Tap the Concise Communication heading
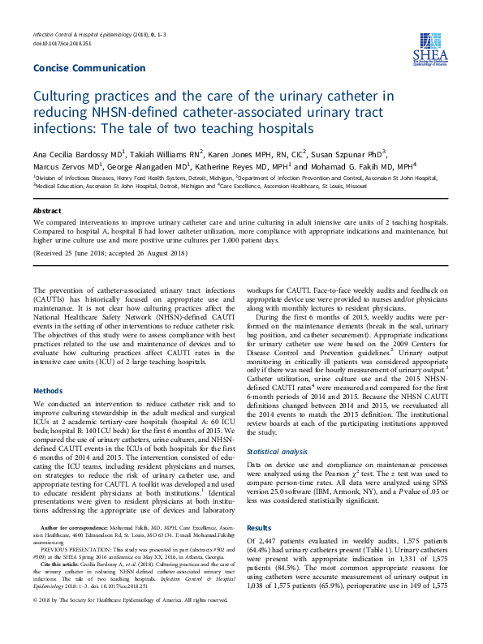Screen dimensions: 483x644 point(89,68)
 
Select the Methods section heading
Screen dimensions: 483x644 point(47,390)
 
